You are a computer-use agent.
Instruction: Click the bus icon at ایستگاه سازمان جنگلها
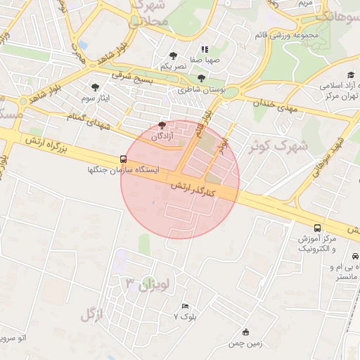(124, 159)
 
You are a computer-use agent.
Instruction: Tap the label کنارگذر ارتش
(197, 186)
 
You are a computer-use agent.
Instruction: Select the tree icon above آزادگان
(164, 124)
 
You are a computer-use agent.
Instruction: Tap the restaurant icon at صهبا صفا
(205, 50)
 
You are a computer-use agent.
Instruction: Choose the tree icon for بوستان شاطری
(202, 79)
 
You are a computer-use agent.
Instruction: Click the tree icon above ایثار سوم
(95, 87)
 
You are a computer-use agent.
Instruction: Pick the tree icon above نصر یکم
(173, 55)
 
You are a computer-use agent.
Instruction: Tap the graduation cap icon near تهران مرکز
(351, 75)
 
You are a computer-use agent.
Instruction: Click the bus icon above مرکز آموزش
(318, 228)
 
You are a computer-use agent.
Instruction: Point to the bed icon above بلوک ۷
(185, 307)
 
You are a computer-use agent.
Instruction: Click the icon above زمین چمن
(245, 333)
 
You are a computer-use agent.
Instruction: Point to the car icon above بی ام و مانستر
(355, 257)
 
